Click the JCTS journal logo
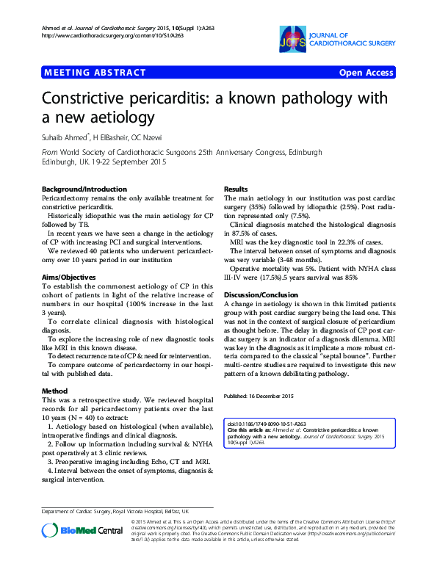point(289,40)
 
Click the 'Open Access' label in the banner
point(366,73)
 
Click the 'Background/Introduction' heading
point(84,189)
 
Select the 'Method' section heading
point(55,391)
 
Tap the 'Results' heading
point(236,189)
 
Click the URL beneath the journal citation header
point(104,35)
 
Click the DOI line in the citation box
point(270,424)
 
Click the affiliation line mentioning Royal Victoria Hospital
point(116,510)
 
